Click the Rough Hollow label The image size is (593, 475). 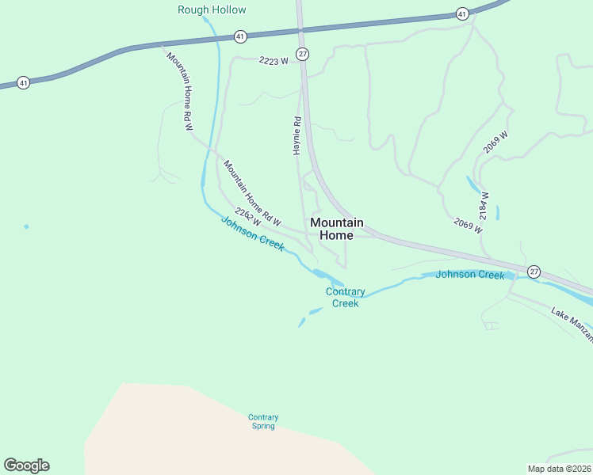coord(212,9)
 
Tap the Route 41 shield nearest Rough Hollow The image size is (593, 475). coord(240,36)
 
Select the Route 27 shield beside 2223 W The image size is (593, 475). coord(302,54)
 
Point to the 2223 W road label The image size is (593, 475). coord(273,60)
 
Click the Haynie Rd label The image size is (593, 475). coord(297,135)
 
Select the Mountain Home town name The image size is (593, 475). coord(337,229)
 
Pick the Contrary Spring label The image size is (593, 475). coord(262,421)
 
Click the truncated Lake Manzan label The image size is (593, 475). coord(572,323)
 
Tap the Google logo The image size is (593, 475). coord(26,465)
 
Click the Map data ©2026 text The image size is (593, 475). coord(560,469)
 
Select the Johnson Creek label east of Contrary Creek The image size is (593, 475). coord(470,275)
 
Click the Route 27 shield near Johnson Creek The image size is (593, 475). coord(534,271)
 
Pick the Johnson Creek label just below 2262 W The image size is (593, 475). coord(252,234)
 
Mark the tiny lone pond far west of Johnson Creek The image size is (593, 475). coord(26,226)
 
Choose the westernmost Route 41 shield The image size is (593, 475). coord(24,82)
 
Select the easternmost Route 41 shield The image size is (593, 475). coord(461,14)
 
